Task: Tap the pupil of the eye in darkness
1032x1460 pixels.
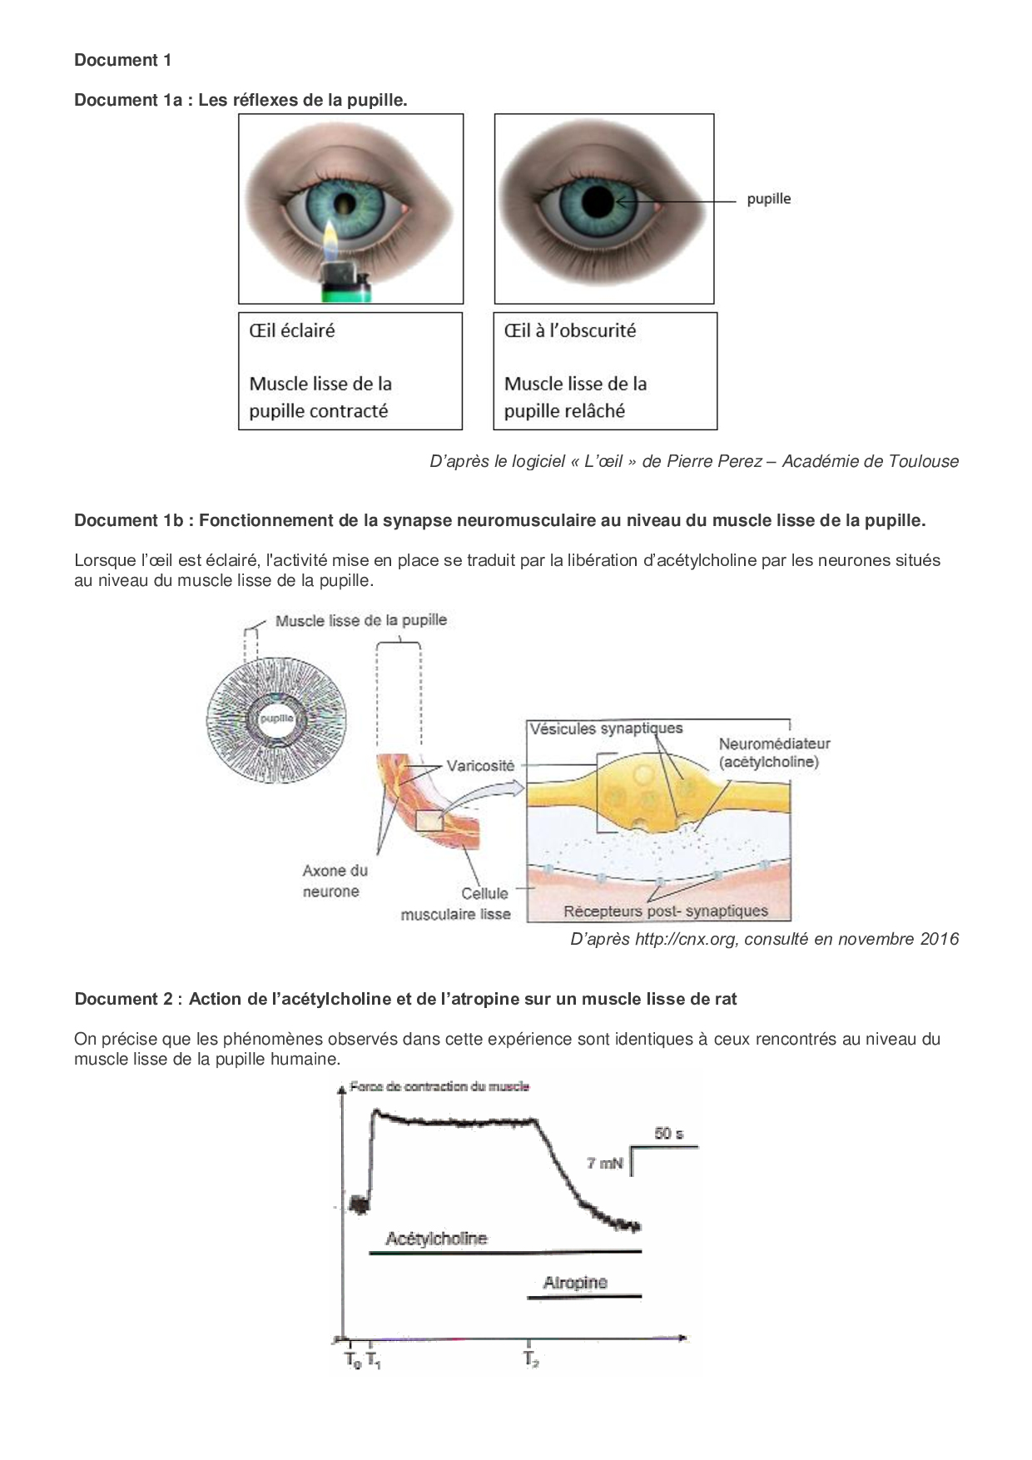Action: pos(598,201)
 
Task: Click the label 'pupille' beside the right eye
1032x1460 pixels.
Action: pos(768,199)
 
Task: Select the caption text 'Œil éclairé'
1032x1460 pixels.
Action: pos(292,330)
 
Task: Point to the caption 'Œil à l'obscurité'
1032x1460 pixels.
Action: pos(570,330)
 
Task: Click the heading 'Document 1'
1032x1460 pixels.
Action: pos(123,60)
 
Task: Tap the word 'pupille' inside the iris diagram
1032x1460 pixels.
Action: pos(276,718)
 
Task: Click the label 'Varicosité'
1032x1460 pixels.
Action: pos(480,766)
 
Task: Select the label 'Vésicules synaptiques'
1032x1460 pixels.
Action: pos(606,728)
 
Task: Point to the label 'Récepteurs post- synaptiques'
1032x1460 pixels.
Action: pos(666,911)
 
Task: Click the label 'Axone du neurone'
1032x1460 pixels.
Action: pos(335,881)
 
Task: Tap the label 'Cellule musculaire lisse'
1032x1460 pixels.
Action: pos(456,904)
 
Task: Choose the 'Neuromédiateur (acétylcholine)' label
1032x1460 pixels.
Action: pos(774,752)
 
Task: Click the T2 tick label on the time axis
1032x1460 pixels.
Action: pos(531,1359)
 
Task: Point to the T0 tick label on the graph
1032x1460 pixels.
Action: pos(353,1360)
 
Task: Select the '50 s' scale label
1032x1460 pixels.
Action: pos(668,1134)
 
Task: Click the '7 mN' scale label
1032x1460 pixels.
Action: pos(604,1163)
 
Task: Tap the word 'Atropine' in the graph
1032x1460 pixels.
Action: pos(575,1283)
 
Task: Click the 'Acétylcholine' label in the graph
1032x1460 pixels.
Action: pos(436,1239)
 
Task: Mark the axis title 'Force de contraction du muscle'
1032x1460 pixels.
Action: pos(439,1086)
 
